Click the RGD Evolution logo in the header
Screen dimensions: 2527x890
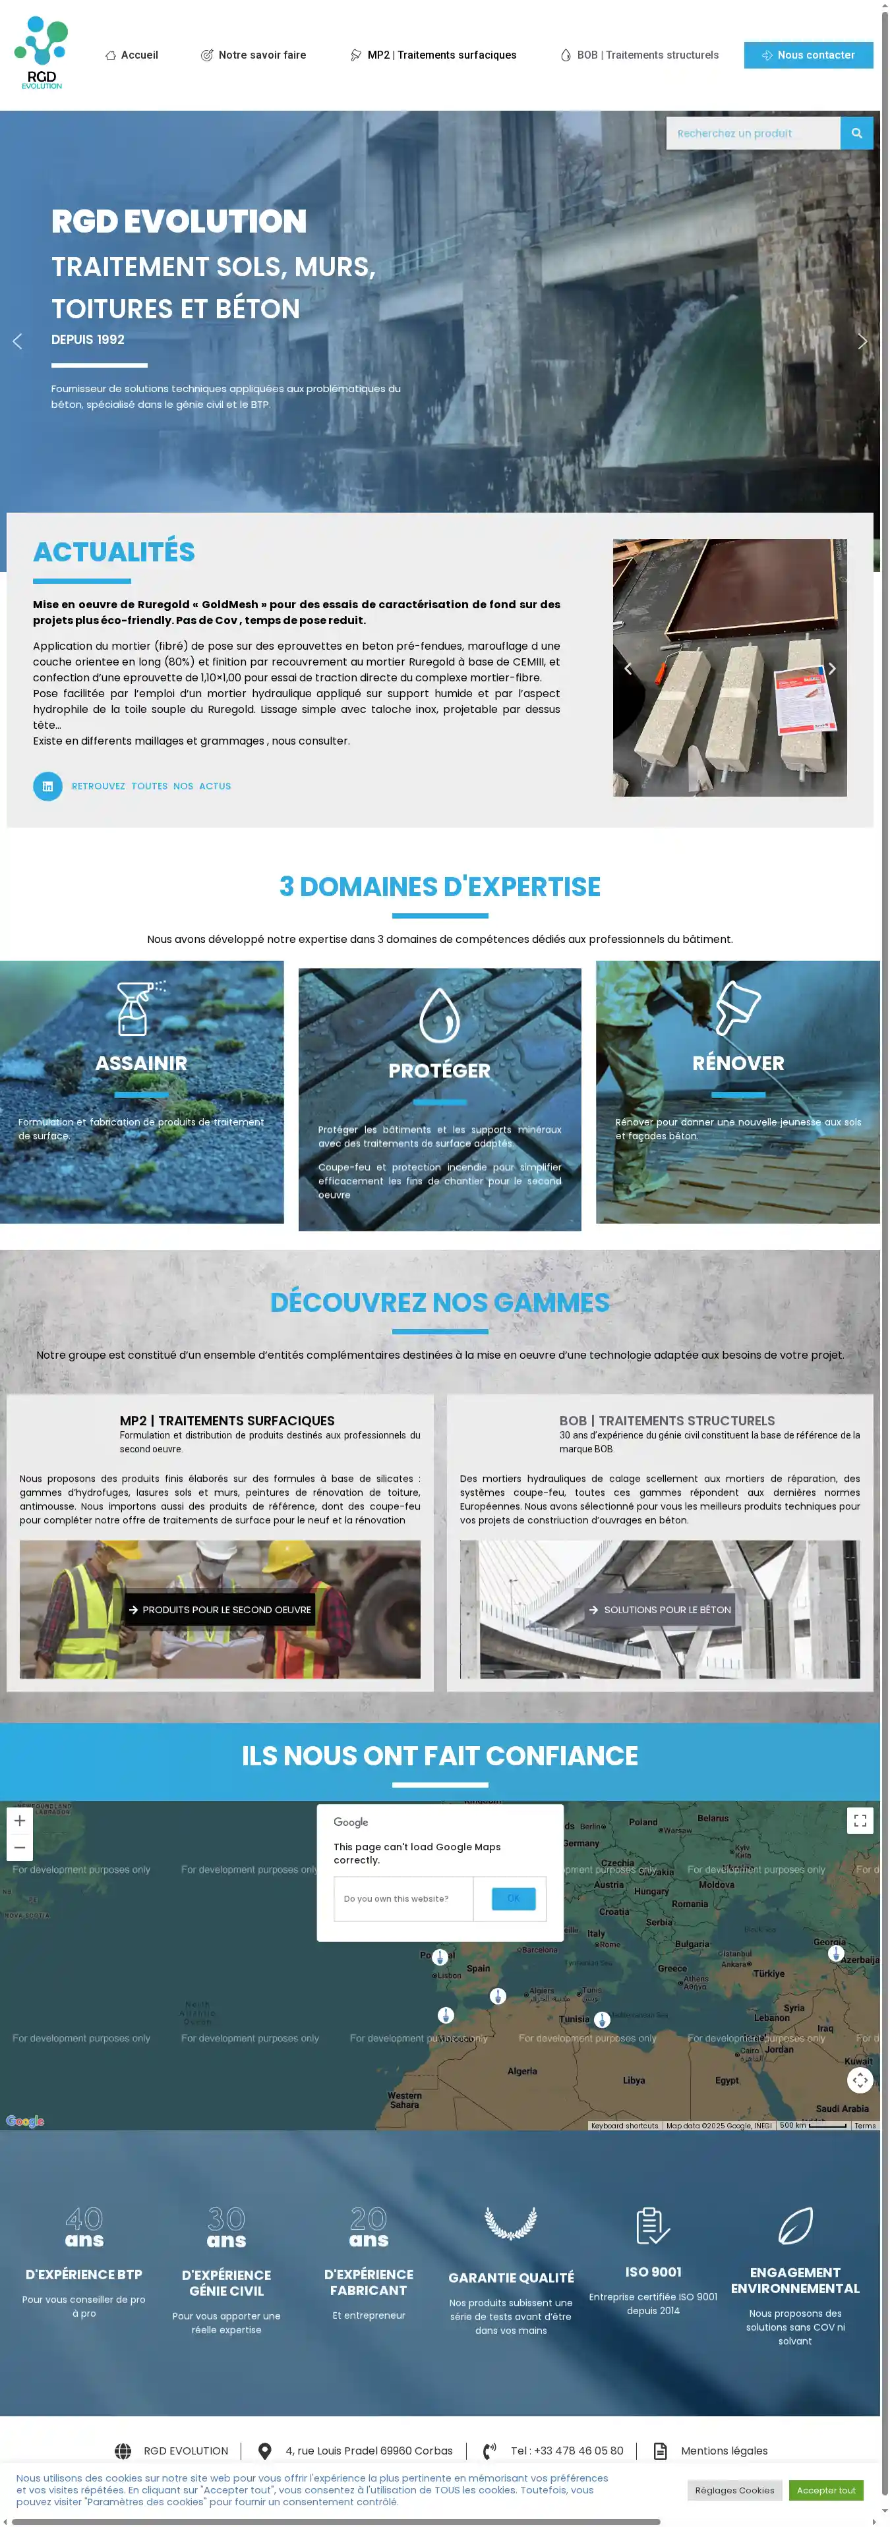coord(42,53)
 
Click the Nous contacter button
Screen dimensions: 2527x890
coord(808,55)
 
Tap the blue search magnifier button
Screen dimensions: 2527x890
coord(856,133)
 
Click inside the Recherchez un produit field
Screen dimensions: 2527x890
coord(752,133)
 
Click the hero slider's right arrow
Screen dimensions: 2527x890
coord(862,341)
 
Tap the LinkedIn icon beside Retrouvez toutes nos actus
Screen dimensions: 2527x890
coord(47,785)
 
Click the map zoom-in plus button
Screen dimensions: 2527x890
coord(20,1821)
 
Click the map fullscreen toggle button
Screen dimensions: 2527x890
coord(860,1821)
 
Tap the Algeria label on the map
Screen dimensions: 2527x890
coord(522,2071)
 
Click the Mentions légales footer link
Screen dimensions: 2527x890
coord(723,2451)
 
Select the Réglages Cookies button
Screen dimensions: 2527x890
coord(734,2489)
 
